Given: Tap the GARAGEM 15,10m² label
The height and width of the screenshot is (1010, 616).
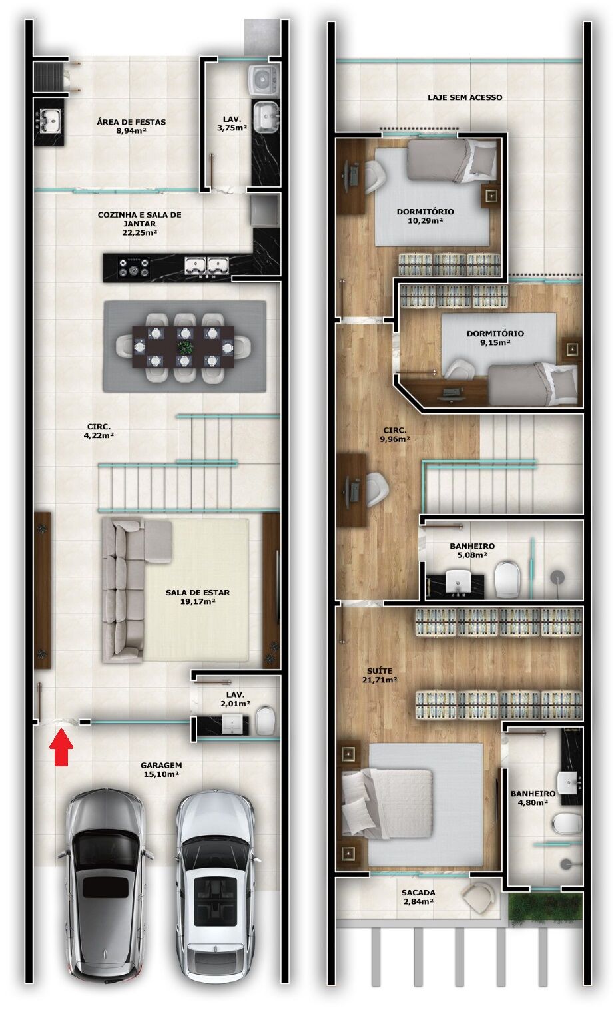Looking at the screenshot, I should tap(162, 770).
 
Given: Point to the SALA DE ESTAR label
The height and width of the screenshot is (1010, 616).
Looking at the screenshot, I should tap(198, 597).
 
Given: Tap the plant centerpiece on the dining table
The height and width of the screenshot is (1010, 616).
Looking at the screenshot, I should tap(184, 346).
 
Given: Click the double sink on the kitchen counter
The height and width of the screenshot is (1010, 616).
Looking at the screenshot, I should tap(206, 266).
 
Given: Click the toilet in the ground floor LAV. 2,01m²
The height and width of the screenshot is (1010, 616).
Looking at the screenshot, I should tap(264, 720).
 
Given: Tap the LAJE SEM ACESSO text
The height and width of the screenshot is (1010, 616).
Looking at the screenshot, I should tap(465, 97).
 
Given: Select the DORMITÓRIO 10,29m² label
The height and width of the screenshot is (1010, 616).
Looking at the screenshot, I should tap(425, 216).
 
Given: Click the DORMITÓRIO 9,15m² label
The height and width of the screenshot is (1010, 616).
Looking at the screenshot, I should tap(495, 338).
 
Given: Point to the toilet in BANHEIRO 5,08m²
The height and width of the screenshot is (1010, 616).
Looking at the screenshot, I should tap(508, 577).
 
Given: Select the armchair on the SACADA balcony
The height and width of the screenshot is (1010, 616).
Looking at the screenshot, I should tap(479, 897).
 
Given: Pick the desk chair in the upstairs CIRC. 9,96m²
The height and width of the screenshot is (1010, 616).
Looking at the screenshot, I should tap(376, 489).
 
